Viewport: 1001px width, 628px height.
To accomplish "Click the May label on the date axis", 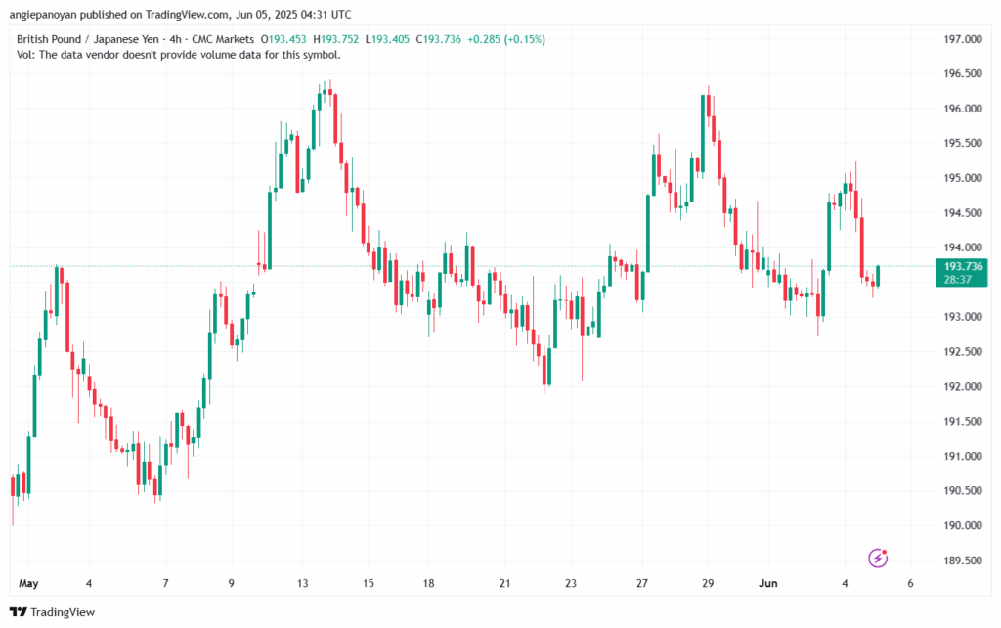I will pos(28,583).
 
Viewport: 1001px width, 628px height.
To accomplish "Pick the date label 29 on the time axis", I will pos(708,583).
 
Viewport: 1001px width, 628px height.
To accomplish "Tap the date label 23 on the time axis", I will pos(570,583).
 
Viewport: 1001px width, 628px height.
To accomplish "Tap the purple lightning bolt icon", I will pos(879,559).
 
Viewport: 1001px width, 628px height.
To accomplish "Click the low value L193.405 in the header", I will pos(389,39).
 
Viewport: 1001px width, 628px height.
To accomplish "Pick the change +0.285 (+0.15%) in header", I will pos(507,39).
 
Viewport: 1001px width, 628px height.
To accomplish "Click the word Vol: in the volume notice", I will pos(26,55).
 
